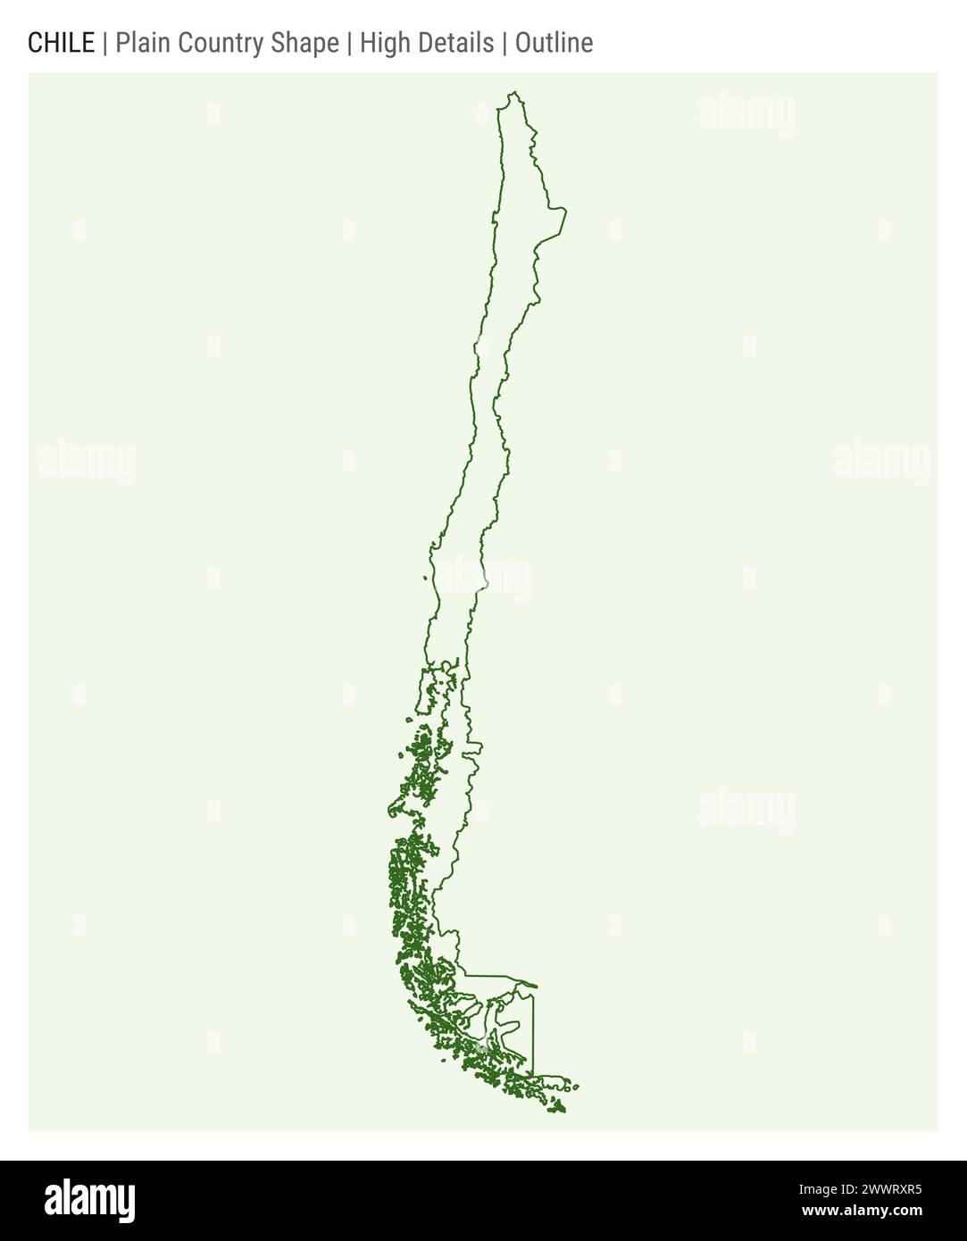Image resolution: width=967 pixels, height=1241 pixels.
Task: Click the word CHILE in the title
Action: coord(61,43)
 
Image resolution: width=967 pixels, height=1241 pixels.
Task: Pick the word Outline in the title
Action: coord(554,43)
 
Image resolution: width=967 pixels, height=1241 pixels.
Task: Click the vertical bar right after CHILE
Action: coord(104,43)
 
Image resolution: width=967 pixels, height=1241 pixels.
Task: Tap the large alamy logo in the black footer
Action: coord(89,1201)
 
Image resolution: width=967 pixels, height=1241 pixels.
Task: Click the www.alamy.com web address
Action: coord(862,1212)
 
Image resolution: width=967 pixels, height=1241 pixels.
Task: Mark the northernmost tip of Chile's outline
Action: coord(513,92)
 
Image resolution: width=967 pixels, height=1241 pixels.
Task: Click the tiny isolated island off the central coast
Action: coord(425,578)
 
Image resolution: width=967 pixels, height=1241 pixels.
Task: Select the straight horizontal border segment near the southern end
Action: coord(491,976)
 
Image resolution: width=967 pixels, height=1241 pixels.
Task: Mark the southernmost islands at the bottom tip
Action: coord(559,1109)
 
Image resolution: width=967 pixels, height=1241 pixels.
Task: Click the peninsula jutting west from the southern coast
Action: coord(394,811)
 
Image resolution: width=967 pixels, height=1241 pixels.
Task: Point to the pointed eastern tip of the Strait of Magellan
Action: coord(536,987)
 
